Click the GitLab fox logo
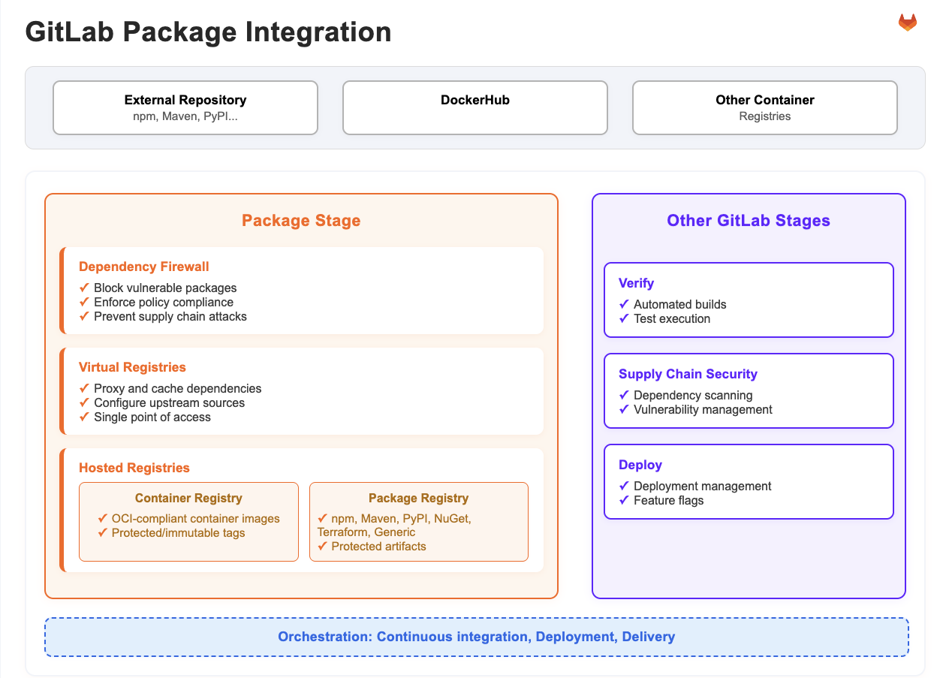pos(907,23)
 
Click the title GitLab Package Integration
pos(208,32)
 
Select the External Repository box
pos(185,107)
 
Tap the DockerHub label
pos(475,100)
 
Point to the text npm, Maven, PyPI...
pos(185,116)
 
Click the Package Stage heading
pos(301,221)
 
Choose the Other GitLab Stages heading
pos(749,221)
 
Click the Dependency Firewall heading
pos(143,267)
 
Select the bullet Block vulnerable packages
pos(164,288)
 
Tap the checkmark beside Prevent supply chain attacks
pos(84,317)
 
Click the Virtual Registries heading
pos(132,367)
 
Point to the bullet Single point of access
pos(152,417)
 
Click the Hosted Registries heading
pos(134,468)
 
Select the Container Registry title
pos(188,499)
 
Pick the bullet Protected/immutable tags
pos(178,533)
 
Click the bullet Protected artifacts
pos(378,547)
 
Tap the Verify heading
pos(636,283)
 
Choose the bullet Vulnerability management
pos(703,410)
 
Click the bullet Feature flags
pos(668,501)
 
